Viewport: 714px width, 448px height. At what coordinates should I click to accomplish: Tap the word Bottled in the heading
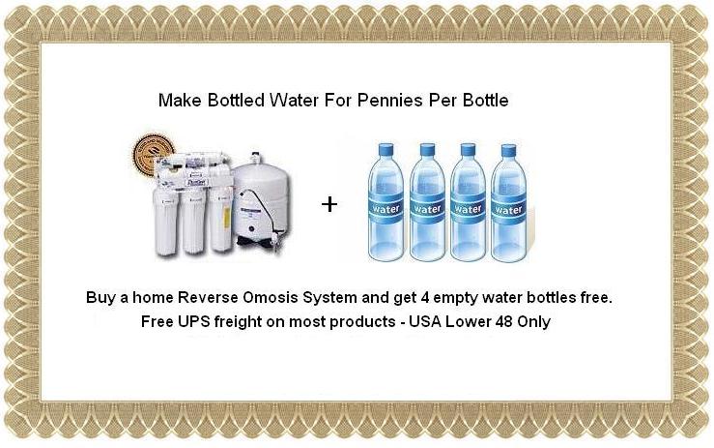(x=236, y=100)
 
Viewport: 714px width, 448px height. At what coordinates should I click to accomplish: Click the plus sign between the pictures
(x=329, y=204)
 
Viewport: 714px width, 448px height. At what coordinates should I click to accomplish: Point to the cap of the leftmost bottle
(x=386, y=150)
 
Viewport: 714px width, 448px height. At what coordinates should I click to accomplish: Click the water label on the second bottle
(x=427, y=208)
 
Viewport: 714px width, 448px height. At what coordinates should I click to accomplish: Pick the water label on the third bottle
(x=468, y=208)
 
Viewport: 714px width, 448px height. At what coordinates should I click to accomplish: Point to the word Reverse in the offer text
(x=208, y=297)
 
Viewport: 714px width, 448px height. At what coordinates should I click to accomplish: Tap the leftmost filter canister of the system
(x=165, y=221)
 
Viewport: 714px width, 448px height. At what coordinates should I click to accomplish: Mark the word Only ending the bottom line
(x=534, y=322)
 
